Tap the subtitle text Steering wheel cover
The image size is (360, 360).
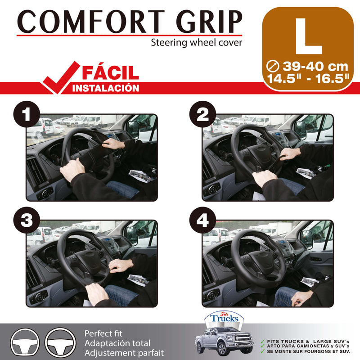[196, 43]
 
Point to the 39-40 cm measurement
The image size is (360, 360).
[308, 66]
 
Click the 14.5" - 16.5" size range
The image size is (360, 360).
[308, 77]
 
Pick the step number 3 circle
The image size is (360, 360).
[27, 220]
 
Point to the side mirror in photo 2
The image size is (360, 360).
[300, 130]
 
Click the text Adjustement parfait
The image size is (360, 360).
[124, 353]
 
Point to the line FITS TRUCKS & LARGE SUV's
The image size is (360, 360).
[308, 341]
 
